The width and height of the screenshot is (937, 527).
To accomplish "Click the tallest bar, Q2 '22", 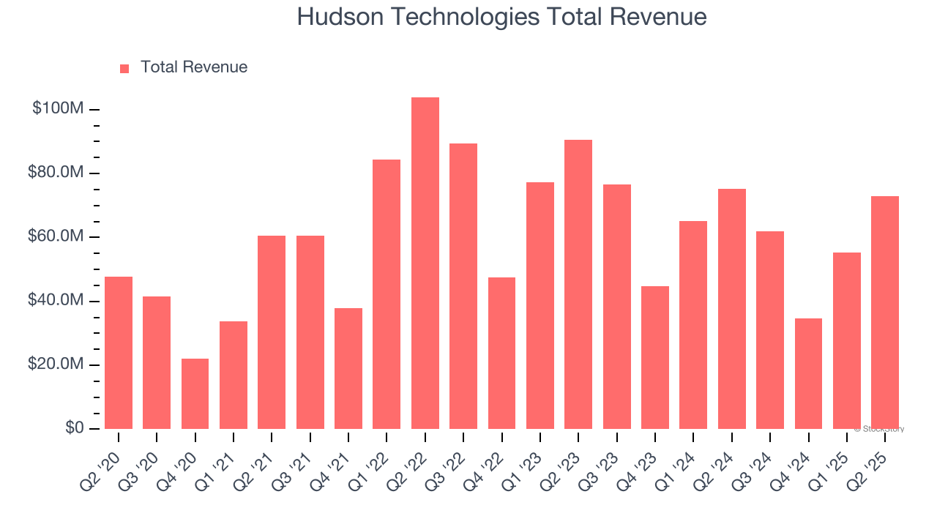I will (425, 263).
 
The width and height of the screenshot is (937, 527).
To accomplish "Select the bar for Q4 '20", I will (195, 394).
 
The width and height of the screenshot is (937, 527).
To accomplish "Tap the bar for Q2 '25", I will (885, 313).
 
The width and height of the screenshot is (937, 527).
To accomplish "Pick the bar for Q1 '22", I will (387, 294).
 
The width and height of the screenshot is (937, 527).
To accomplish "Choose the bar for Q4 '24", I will (808, 373).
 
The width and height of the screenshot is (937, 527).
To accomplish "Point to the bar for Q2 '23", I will (578, 284).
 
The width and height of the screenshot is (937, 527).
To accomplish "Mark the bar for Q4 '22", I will (501, 353).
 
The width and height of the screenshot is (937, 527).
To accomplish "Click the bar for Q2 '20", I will (119, 352).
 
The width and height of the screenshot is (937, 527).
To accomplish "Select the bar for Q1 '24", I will (693, 325).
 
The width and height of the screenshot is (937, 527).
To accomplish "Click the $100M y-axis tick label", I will (58, 109).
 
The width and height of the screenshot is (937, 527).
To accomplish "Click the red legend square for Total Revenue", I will (124, 68).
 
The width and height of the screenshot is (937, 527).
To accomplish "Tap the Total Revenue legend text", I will (193, 67).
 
